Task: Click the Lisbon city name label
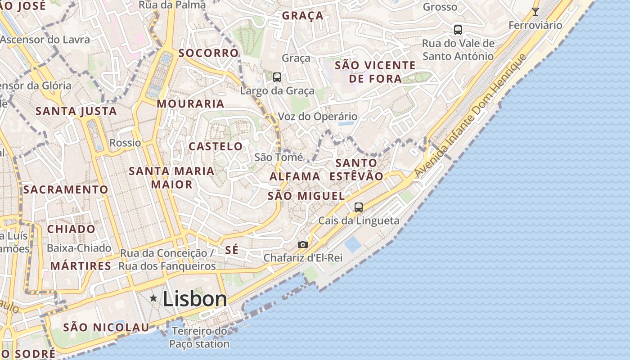tap(195, 299)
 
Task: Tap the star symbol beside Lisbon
tap(154, 298)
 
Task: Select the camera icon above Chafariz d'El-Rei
tap(303, 244)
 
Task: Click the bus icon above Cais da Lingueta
tap(359, 207)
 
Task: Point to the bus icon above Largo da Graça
tap(277, 77)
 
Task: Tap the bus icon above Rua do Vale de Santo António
tap(458, 30)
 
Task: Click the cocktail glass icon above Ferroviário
tap(535, 12)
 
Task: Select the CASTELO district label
tap(216, 146)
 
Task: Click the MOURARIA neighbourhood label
tap(190, 103)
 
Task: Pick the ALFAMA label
tap(295, 176)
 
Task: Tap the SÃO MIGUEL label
tap(306, 196)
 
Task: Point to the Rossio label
tap(126, 143)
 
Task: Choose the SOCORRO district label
tap(208, 53)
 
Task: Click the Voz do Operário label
tap(318, 117)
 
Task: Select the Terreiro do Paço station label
tap(199, 337)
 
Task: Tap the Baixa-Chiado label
tap(79, 248)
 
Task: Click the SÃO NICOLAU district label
tap(106, 327)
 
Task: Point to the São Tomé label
tap(279, 157)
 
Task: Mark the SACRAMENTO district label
tap(66, 189)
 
